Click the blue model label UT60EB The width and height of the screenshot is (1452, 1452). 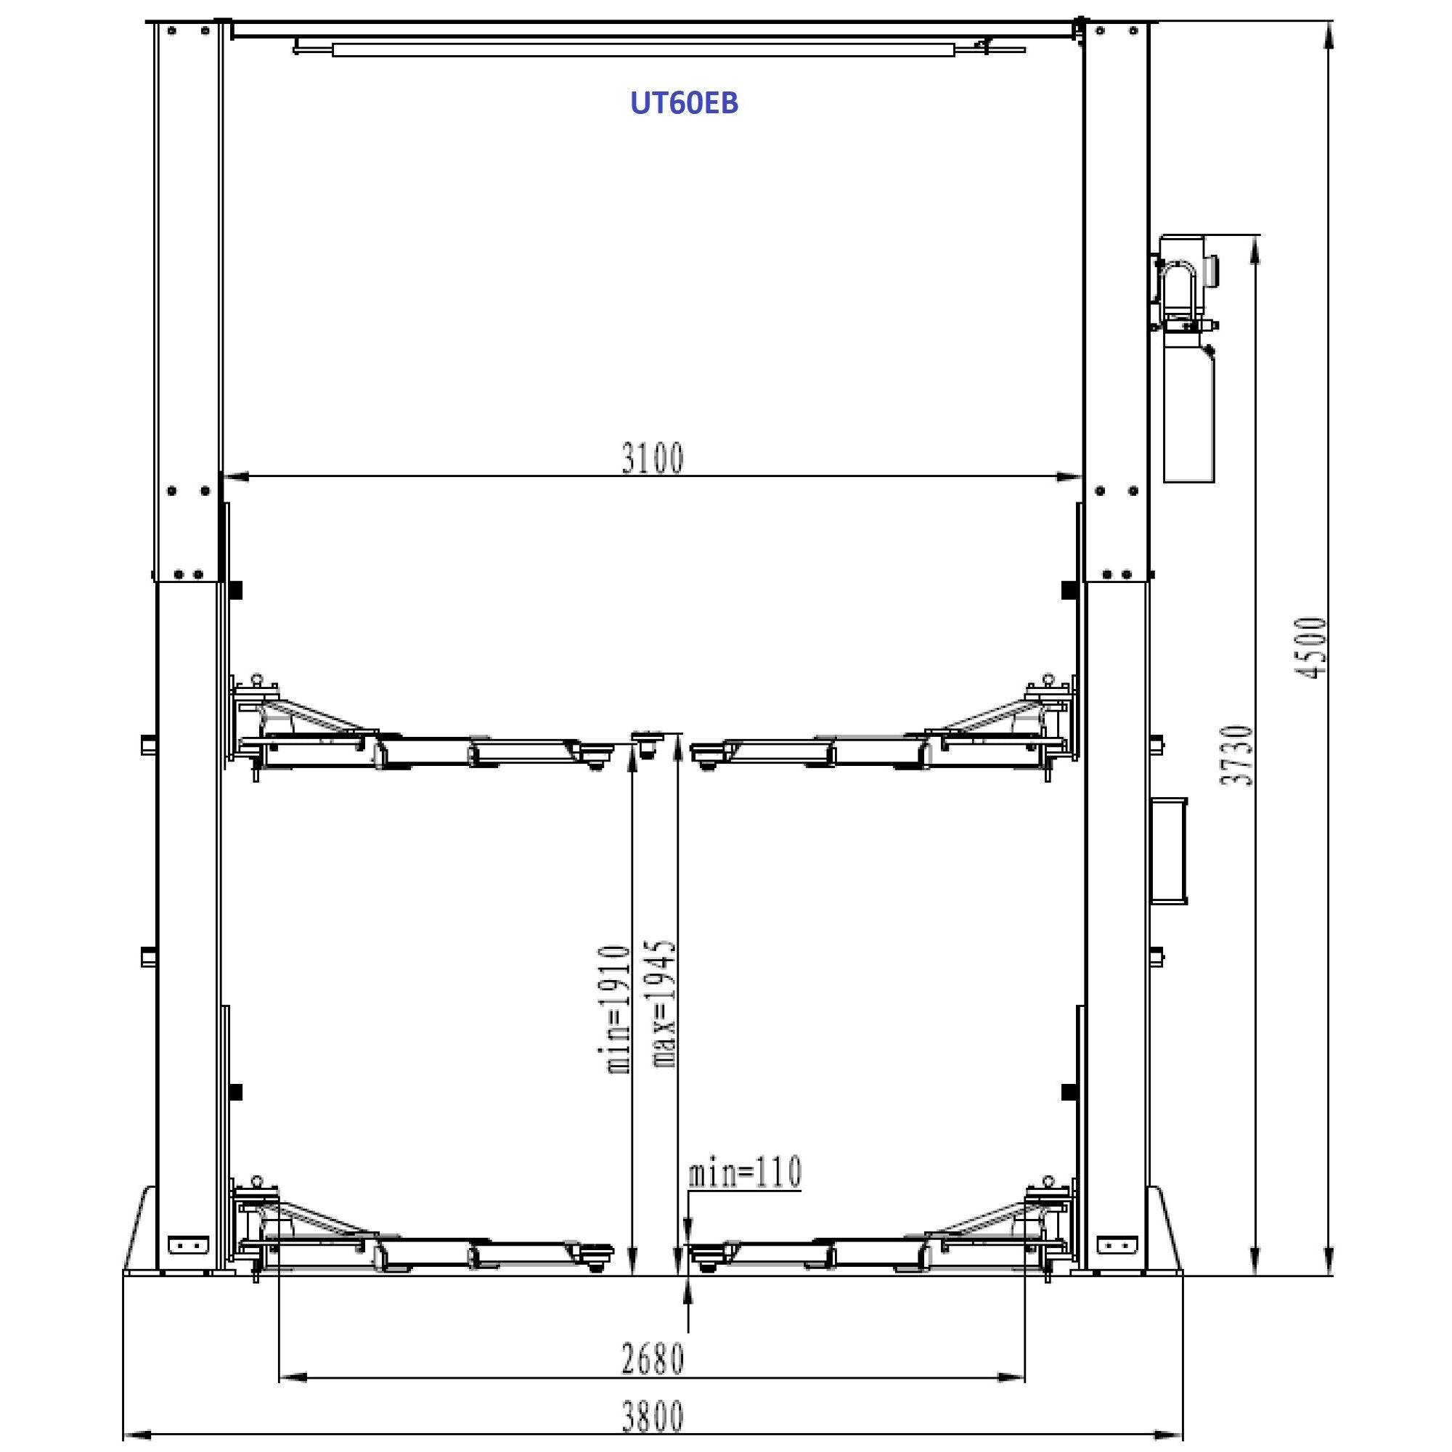coord(684,103)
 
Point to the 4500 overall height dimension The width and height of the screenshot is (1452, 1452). coord(1310,648)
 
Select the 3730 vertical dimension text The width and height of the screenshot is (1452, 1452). coord(1237,755)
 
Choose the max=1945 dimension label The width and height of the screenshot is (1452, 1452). coord(665,1003)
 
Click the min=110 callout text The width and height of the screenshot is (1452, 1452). coord(745,1172)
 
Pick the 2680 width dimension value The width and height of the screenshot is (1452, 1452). coord(653,1359)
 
